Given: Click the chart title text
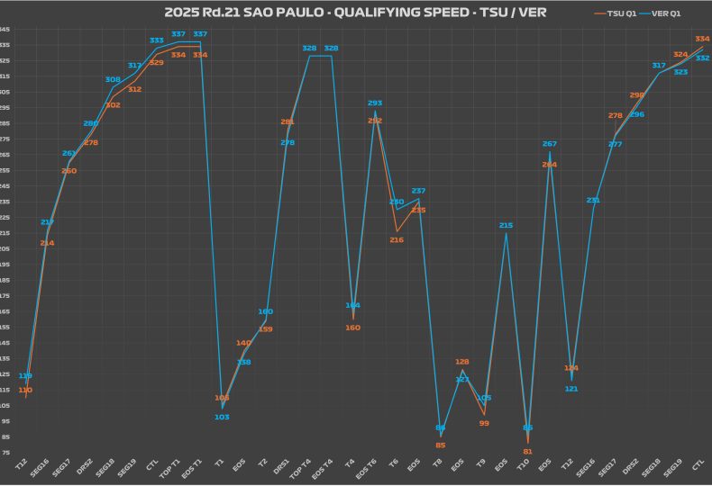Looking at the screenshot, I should click(x=355, y=13).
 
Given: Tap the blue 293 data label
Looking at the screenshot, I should click(x=375, y=103).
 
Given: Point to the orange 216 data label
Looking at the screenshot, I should click(x=397, y=239).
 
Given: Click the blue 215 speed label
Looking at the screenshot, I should click(x=506, y=226).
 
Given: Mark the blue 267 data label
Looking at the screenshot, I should click(x=549, y=144).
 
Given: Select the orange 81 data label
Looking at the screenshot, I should click(x=527, y=451).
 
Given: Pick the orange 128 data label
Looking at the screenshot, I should click(x=462, y=362).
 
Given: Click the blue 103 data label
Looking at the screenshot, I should click(x=222, y=417).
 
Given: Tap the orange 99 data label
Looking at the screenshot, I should click(x=484, y=423).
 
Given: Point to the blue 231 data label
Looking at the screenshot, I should click(x=593, y=200).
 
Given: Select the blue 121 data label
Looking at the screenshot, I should click(x=571, y=389).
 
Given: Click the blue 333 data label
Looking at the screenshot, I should click(x=157, y=40).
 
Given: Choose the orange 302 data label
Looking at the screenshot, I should click(x=113, y=105).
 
